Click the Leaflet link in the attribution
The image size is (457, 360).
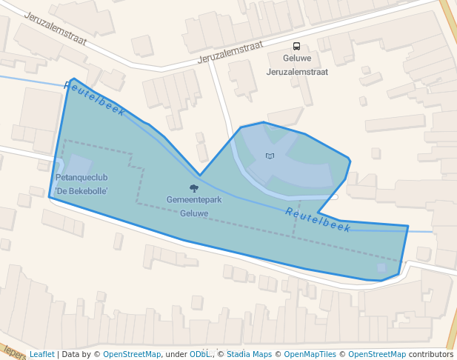[41, 354]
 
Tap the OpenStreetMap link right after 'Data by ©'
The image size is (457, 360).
[132, 354]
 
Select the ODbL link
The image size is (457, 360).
[199, 354]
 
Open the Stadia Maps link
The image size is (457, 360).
[248, 354]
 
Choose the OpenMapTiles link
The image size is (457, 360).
[308, 354]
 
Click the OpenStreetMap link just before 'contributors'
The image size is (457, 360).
[377, 354]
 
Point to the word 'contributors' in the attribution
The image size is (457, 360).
[431, 354]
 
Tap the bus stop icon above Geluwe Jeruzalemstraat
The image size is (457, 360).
[296, 46]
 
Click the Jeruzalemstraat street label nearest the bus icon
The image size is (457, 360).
[231, 52]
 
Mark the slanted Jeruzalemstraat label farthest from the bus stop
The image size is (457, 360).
[56, 28]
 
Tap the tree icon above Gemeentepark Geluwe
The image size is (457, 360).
[193, 188]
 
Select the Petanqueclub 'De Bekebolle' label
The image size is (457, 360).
[81, 184]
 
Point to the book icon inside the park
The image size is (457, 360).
[270, 156]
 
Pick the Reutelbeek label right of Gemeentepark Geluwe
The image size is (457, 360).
[318, 220]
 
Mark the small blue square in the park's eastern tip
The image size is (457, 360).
[381, 267]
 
